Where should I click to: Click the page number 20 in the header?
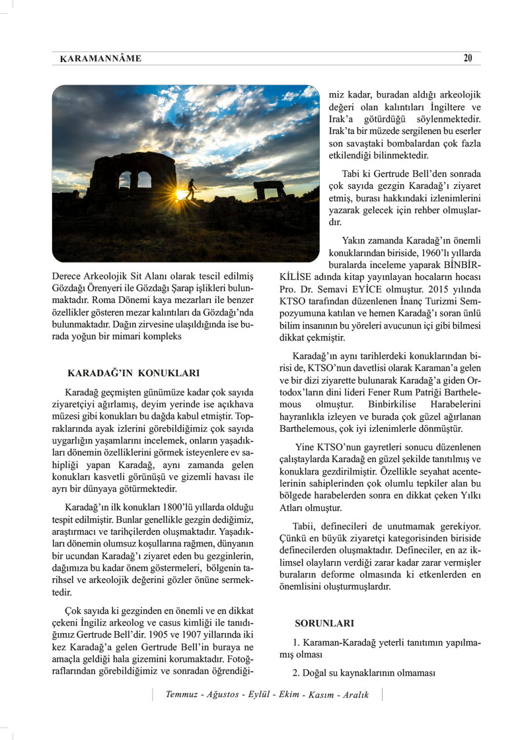[x=468, y=58]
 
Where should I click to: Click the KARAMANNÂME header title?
[x=100, y=59]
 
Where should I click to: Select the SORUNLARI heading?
[x=324, y=622]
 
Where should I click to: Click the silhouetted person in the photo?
[x=191, y=189]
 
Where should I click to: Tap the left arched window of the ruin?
[x=125, y=179]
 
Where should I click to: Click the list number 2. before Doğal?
[x=297, y=673]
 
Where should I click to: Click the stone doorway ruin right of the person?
[x=268, y=189]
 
